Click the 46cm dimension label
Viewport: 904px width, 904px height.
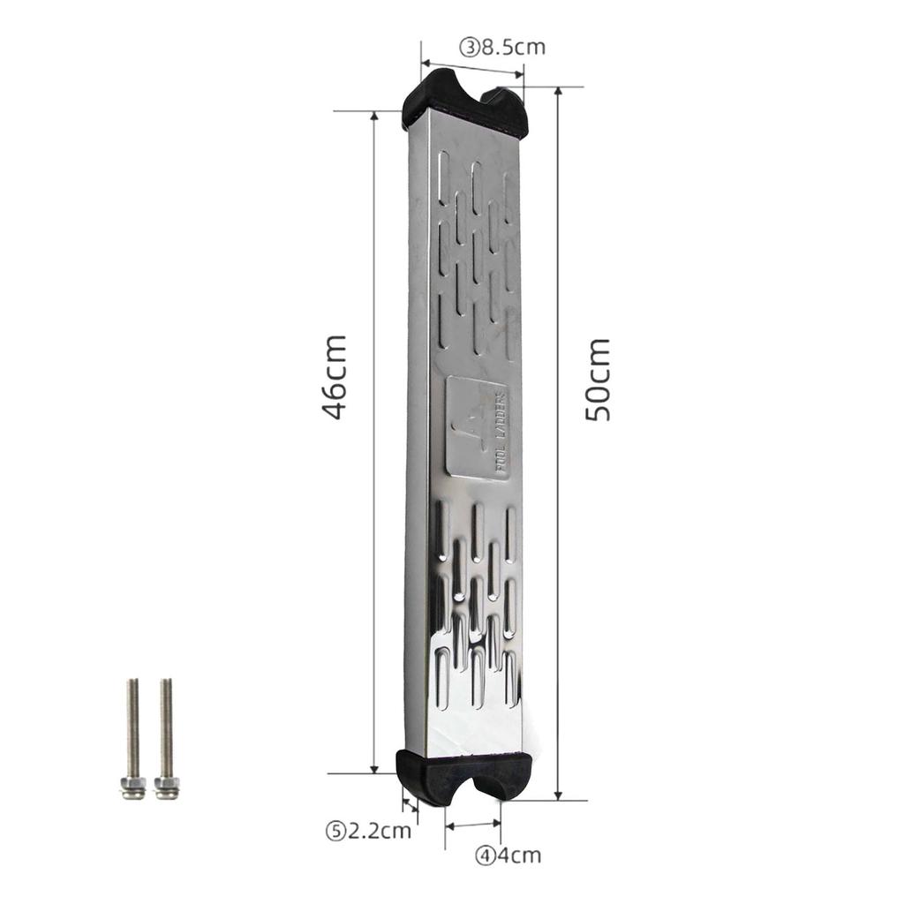point(334,376)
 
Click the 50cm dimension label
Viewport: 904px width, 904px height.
point(598,379)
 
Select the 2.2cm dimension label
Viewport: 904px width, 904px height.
point(378,830)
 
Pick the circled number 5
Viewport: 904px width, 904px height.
point(335,830)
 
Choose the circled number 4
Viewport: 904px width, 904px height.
point(485,855)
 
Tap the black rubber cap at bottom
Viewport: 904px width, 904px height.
point(464,775)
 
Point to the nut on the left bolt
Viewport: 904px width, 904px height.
point(132,786)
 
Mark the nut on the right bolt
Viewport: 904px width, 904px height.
point(166,786)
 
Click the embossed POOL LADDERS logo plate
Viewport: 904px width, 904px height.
point(478,428)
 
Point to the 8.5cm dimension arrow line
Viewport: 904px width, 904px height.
point(472,70)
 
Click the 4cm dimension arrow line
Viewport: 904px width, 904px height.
point(473,825)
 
